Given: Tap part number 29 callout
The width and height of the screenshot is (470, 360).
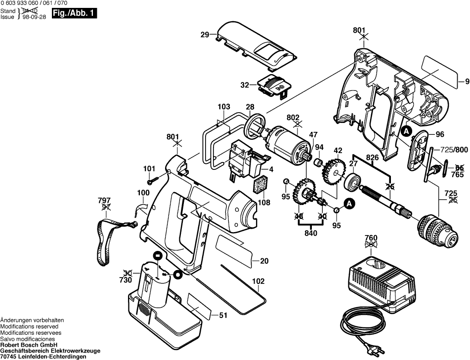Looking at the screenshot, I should pyautogui.click(x=205, y=35).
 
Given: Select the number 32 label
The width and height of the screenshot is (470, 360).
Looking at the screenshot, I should pyautogui.click(x=245, y=85).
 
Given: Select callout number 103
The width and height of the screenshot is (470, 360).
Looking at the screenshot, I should pyautogui.click(x=224, y=107).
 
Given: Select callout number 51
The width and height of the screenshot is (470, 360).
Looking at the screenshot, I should pyautogui.click(x=223, y=316).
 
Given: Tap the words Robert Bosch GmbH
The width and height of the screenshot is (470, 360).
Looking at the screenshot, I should pyautogui.click(x=29, y=345).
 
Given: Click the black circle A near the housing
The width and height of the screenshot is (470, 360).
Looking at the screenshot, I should pyautogui.click(x=406, y=131).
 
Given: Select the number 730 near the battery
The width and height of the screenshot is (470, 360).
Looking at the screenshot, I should pyautogui.click(x=126, y=280).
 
